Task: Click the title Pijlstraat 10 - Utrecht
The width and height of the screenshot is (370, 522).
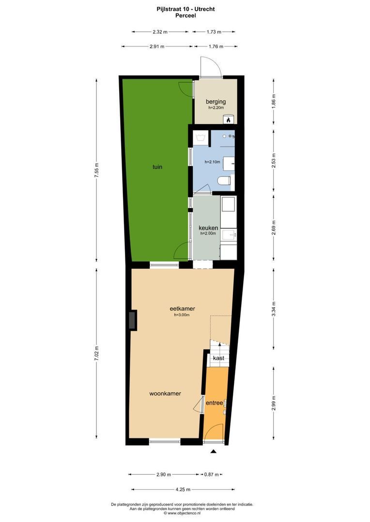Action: (185, 9)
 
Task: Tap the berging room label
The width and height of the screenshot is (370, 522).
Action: (216, 102)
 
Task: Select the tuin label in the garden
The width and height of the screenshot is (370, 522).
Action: (157, 167)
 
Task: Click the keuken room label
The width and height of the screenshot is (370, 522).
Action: (208, 228)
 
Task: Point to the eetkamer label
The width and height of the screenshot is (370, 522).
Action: (182, 308)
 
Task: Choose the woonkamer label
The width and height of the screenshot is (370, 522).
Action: (165, 393)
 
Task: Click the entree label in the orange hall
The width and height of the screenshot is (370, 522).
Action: (214, 403)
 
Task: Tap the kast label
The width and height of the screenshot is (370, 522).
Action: (218, 358)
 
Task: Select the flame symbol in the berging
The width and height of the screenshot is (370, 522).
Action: (230, 118)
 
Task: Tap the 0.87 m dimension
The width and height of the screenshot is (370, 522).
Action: (212, 475)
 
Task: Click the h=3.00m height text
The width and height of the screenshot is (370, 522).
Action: (182, 315)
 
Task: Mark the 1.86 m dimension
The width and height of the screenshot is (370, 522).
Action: (274, 103)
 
